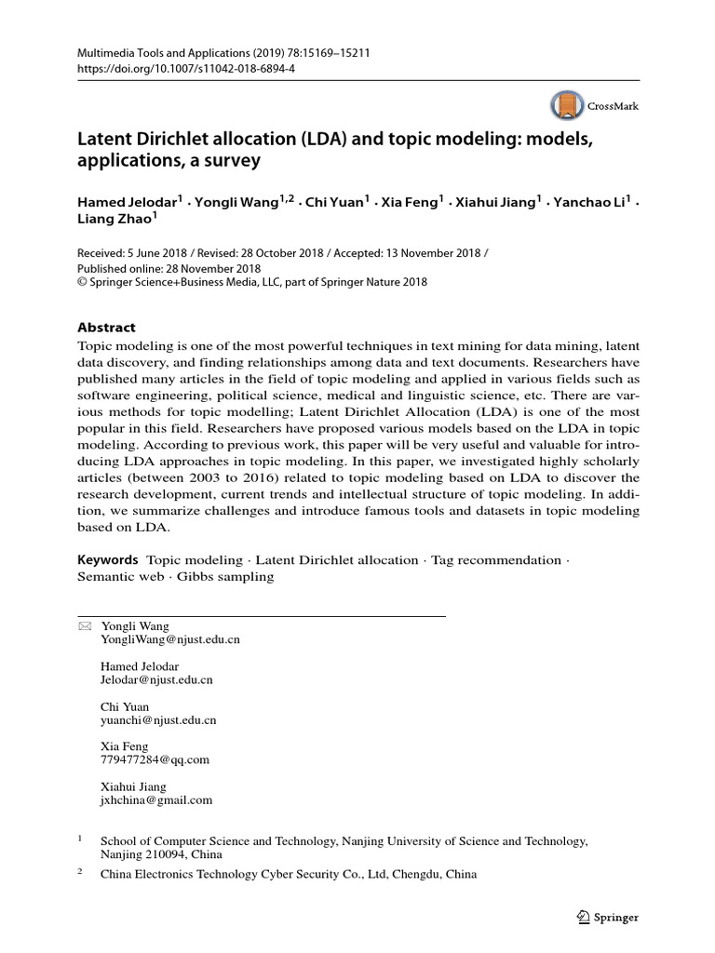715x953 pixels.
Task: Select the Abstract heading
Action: coord(105,328)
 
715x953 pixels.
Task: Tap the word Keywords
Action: coord(107,560)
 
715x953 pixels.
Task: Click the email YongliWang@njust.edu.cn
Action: coord(169,640)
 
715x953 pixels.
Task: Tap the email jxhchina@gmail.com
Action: coord(155,799)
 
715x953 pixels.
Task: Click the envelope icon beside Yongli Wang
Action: coord(85,626)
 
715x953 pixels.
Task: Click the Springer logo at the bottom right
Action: coord(608,918)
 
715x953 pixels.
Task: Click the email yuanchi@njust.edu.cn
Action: coord(158,720)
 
